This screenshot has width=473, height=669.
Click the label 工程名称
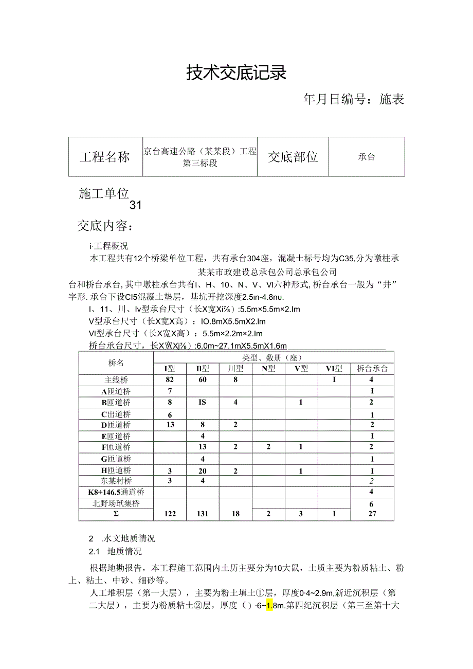(105, 157)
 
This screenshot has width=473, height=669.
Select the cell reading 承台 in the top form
(367, 157)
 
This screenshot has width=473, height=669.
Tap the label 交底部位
(293, 157)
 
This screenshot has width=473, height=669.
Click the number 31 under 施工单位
(135, 205)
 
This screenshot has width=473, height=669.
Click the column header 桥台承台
(372, 368)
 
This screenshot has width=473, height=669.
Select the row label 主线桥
(116, 380)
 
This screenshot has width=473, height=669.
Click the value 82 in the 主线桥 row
(170, 380)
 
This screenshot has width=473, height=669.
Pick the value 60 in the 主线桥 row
(203, 380)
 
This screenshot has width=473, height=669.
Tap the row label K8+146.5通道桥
(117, 492)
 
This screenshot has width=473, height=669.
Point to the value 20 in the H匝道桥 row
(203, 471)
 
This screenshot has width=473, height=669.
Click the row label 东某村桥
(116, 481)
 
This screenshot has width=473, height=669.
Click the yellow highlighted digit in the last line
(269, 605)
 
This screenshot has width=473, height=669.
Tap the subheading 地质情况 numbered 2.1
(124, 551)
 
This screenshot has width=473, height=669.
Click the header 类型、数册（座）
(271, 357)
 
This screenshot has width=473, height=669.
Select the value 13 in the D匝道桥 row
(170, 425)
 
